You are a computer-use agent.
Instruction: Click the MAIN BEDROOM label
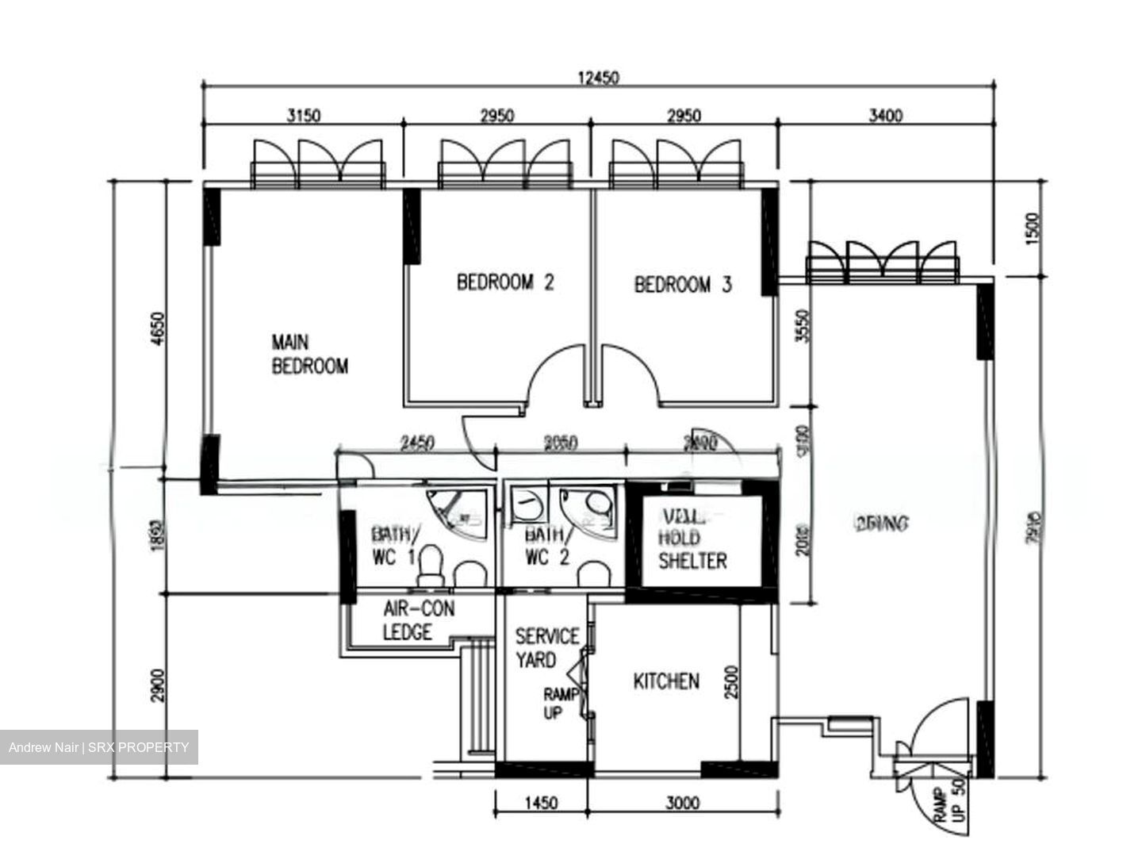tap(309, 354)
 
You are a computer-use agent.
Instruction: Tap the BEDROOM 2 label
tap(505, 282)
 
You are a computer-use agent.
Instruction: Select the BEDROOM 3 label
tap(683, 284)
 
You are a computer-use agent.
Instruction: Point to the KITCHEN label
tap(666, 681)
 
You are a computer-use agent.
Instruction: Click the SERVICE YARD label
tap(546, 648)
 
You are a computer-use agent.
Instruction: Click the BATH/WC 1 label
tap(394, 546)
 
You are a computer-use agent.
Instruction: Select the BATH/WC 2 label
tap(546, 546)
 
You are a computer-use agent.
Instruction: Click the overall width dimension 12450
tap(599, 78)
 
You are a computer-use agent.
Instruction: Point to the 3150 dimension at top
tap(303, 116)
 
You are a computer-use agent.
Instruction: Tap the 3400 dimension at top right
tap(885, 116)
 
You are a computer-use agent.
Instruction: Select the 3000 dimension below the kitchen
tap(682, 803)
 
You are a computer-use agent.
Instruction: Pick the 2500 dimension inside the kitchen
tap(731, 682)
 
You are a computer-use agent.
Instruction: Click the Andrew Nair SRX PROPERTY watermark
tap(99, 747)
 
